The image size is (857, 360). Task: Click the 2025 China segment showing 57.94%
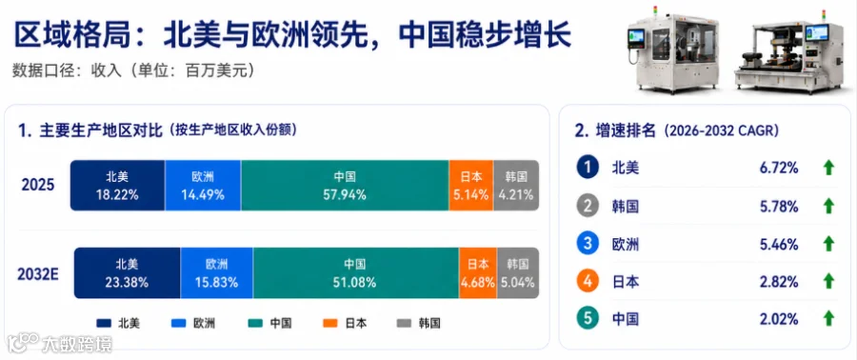coord(345,185)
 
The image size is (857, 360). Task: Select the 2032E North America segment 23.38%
coord(127,273)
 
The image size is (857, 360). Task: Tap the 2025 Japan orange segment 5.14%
coord(470,185)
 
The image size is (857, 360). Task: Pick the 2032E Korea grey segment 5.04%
coord(518,273)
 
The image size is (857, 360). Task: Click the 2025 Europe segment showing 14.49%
coord(203,185)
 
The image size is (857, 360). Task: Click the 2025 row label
coord(38,185)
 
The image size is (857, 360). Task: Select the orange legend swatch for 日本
coord(329,324)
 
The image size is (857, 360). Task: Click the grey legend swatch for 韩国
coord(404,324)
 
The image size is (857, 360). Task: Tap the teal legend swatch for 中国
coord(254,324)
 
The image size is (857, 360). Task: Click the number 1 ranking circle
coord(588,168)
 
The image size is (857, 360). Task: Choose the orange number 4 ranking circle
coord(588,281)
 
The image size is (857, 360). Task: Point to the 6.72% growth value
coord(779,169)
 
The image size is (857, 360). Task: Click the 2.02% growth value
coord(779,318)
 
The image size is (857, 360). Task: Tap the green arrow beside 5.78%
coord(828,206)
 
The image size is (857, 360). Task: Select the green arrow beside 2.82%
coord(828,281)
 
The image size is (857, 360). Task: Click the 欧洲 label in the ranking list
coord(626,244)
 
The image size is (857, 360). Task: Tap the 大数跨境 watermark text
coord(77,344)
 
